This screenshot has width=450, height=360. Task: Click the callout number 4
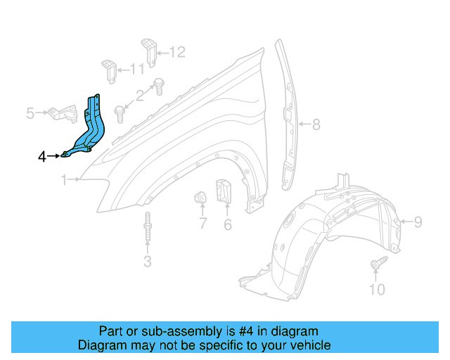coord(42,156)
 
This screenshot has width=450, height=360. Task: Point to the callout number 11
coord(136,69)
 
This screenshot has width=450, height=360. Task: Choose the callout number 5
coord(30,112)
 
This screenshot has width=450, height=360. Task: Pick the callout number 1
coord(64,181)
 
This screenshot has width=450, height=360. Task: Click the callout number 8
coord(316,126)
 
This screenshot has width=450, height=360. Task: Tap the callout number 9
coord(418,223)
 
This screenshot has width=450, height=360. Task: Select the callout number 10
coord(378,290)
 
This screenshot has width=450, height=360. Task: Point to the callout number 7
coord(202,224)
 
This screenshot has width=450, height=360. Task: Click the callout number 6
coord(228,225)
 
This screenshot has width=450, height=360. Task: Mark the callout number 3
coord(147,262)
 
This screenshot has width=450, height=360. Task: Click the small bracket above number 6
coord(224,191)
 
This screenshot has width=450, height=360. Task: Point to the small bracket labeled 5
coord(64,112)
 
